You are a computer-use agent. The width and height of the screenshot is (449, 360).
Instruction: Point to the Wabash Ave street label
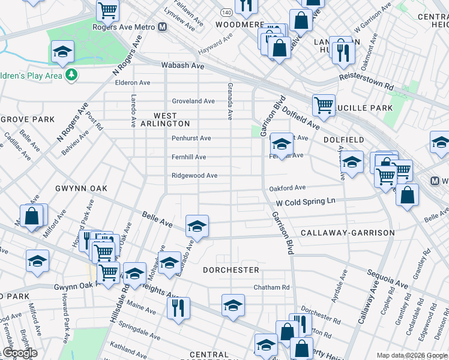tap(182, 65)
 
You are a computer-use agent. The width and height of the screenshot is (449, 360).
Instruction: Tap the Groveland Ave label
tap(193, 101)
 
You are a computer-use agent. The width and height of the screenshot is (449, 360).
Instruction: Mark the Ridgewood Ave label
tap(194, 176)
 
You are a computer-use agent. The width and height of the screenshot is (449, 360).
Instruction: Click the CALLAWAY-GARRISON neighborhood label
tap(348, 233)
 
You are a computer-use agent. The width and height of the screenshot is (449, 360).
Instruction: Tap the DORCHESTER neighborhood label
tap(231, 270)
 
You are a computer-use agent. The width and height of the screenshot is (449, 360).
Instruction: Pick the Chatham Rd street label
tap(271, 287)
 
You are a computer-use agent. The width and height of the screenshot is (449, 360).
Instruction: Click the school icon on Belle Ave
tap(197, 226)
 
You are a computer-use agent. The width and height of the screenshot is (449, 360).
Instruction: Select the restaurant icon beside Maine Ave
tap(178, 307)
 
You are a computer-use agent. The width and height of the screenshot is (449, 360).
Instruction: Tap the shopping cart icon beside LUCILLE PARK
tap(324, 104)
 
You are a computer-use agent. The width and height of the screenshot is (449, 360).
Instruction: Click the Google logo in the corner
tap(19, 353)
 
